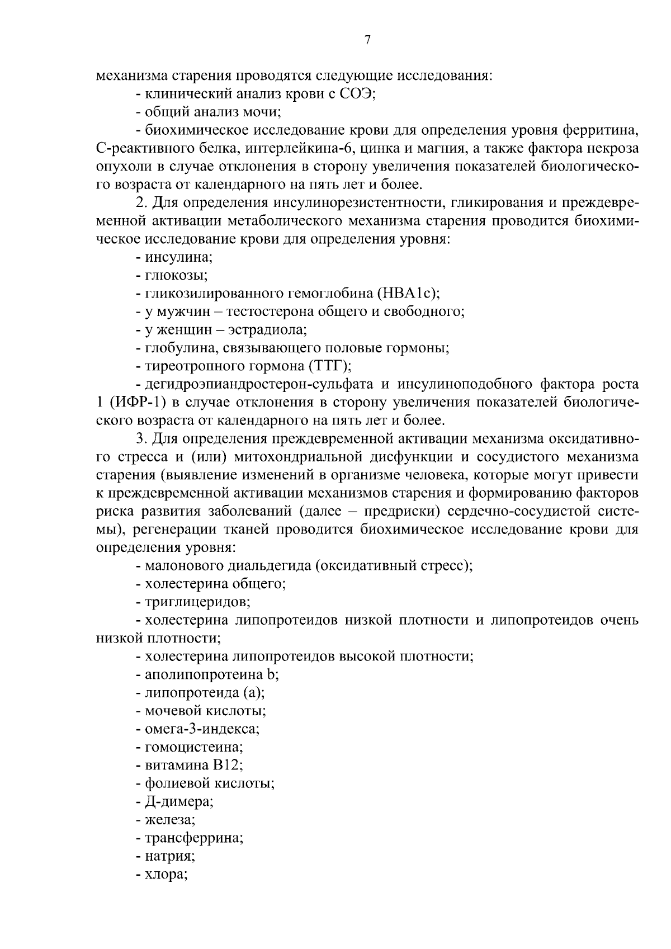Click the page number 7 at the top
(x=367, y=40)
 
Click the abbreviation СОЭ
(x=356, y=93)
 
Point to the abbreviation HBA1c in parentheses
(x=408, y=293)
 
